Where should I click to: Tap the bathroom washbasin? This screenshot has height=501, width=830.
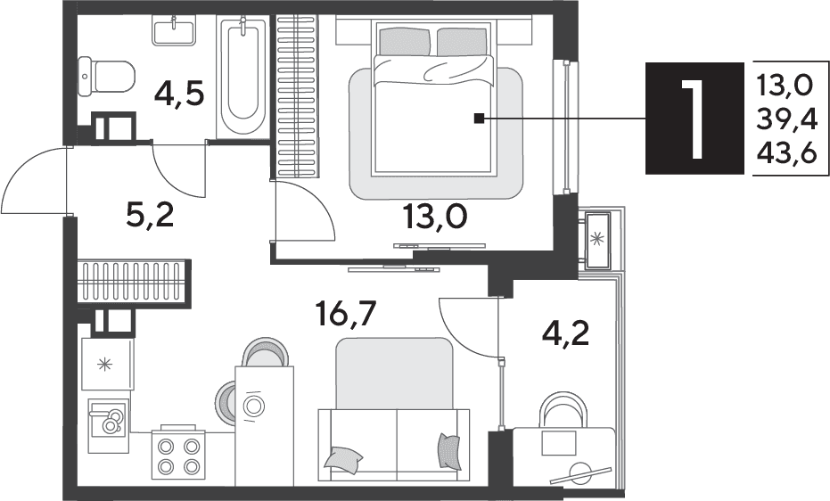point(174,30)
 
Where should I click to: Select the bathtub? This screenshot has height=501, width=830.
point(243,76)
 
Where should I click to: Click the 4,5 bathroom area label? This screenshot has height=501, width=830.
point(178,95)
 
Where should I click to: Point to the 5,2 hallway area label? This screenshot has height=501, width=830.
point(150,216)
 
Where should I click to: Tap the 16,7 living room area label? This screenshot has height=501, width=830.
point(345,315)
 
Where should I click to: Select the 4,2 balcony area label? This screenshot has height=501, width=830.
point(565,333)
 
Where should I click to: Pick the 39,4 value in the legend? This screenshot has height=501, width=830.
point(787,120)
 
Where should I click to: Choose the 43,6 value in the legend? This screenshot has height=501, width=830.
point(787,154)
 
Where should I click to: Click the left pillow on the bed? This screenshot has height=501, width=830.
point(403,42)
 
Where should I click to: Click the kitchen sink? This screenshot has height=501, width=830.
point(108,419)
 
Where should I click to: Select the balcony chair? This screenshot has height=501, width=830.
point(563,409)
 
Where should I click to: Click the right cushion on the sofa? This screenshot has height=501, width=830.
point(450,451)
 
